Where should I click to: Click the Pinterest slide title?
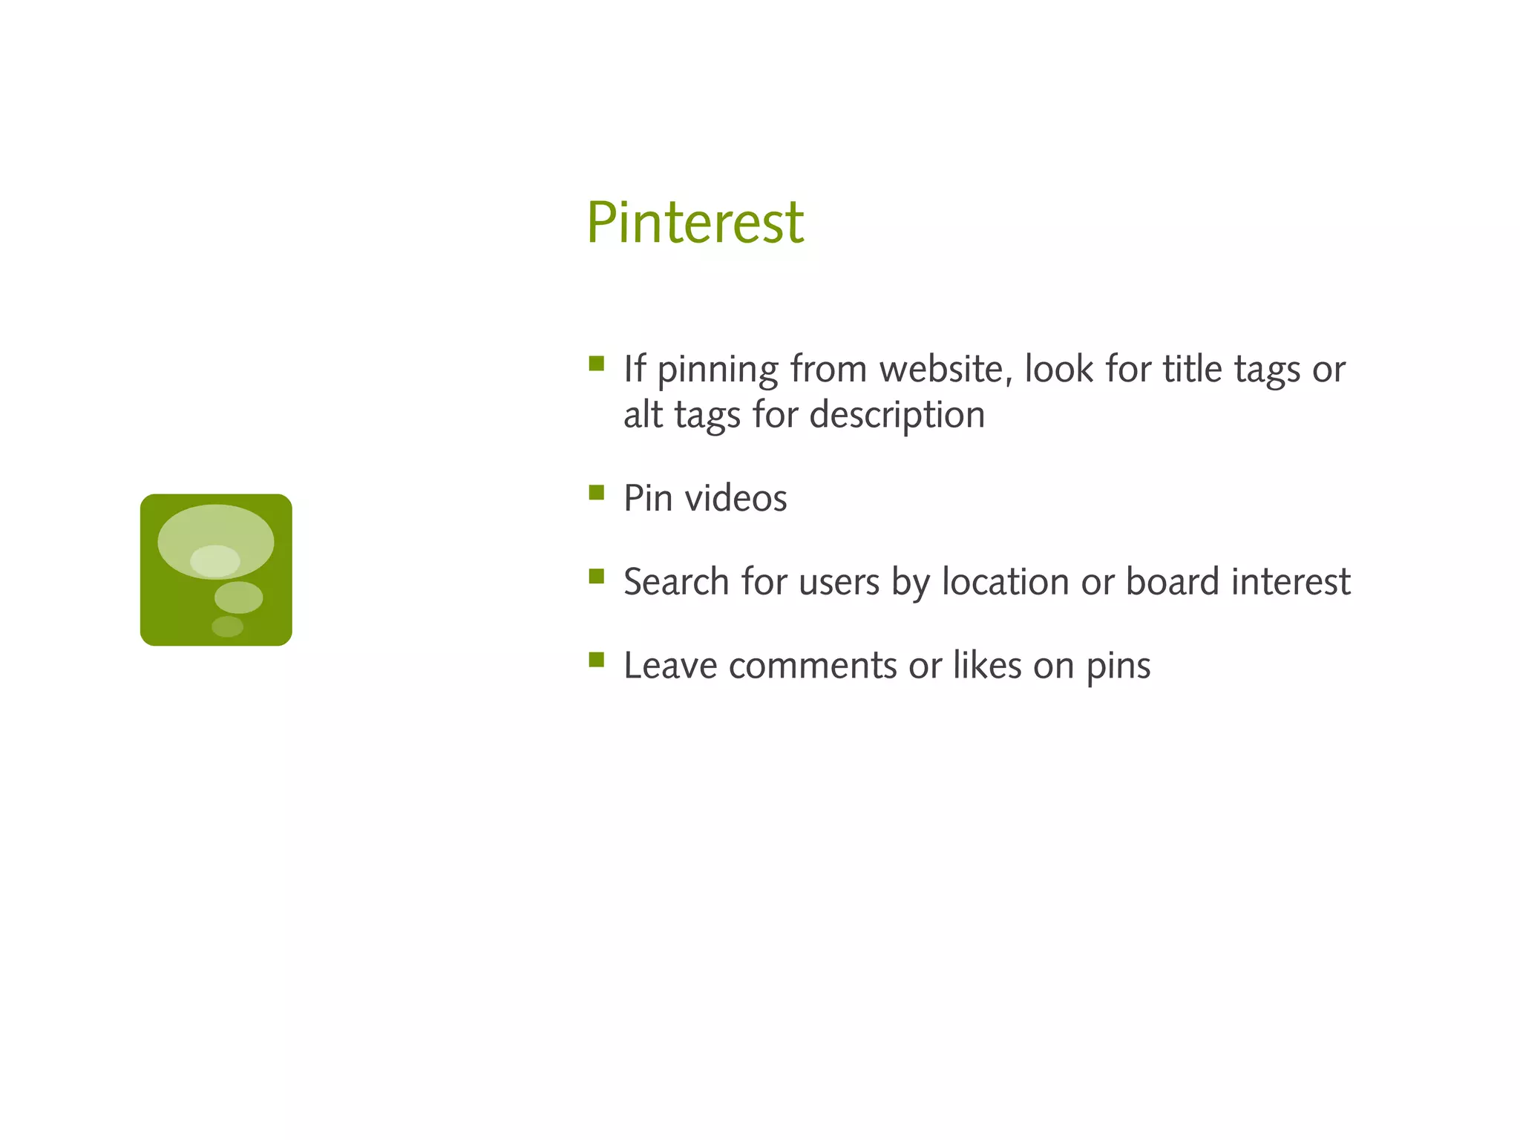[x=695, y=223]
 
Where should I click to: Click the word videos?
[x=736, y=498]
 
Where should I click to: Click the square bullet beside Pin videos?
[x=596, y=493]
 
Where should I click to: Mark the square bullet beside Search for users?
[x=596, y=577]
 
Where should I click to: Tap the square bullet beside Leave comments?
[x=596, y=660]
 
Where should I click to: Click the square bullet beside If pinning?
[x=596, y=363]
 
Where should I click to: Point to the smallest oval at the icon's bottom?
[x=227, y=626]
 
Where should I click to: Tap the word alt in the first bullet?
[x=643, y=414]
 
